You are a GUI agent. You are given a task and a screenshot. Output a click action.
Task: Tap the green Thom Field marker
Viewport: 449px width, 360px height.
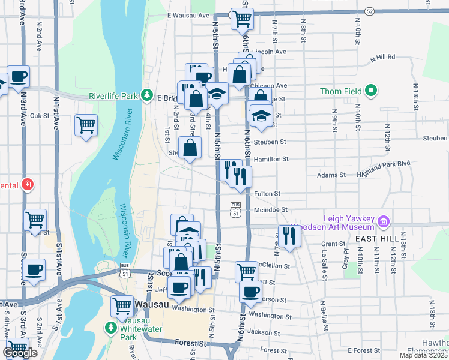(371, 91)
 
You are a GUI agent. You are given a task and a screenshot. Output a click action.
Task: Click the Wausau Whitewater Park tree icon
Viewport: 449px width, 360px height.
(110, 328)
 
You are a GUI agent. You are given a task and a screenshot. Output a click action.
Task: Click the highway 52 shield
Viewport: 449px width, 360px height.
(370, 11)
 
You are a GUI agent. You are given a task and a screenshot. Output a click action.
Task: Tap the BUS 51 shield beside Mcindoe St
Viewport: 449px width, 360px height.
(236, 209)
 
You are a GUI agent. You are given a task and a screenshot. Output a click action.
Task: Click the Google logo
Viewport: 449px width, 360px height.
(20, 353)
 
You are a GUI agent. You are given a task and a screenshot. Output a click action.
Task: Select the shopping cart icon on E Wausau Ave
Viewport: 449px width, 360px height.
(242, 19)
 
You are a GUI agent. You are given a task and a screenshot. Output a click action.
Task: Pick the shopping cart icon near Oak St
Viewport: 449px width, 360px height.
(86, 125)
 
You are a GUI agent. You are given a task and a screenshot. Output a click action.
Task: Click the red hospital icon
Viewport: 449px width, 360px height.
(27, 184)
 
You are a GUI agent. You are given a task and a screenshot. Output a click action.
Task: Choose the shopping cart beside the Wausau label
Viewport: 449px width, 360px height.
(122, 306)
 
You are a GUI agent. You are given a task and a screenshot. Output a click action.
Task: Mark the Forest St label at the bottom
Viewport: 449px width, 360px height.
(191, 343)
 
